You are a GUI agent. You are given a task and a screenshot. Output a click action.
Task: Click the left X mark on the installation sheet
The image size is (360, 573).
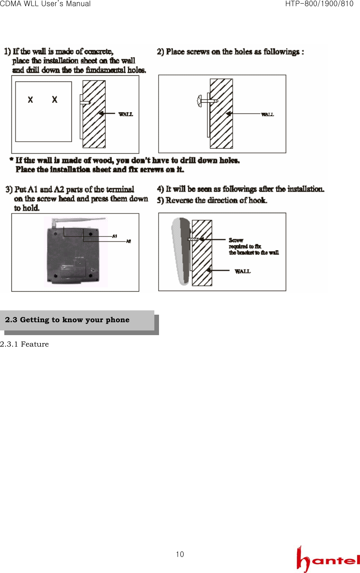coord(31,100)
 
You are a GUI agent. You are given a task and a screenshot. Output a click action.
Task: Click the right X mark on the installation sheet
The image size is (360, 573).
coord(55,99)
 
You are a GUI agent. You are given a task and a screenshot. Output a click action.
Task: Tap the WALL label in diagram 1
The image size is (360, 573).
coord(126,114)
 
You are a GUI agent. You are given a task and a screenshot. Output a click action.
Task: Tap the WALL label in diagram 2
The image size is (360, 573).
coord(267,114)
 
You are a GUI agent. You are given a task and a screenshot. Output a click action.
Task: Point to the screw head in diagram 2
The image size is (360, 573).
coord(199,101)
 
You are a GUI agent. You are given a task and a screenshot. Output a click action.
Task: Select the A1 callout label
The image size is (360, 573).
coord(114,236)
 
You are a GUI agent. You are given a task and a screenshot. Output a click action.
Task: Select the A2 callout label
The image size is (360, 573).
coord(128,241)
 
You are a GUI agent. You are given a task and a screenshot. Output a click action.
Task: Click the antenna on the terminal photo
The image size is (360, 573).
coord(79,219)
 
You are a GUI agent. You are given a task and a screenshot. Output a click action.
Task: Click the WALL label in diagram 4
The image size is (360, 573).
coord(243,271)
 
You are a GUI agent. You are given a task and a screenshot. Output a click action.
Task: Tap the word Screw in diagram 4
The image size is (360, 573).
coord(236,240)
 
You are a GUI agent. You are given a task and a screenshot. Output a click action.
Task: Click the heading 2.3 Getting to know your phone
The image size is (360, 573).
coord(67,320)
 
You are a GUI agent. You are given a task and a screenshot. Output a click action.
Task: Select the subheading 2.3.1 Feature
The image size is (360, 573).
coord(24,344)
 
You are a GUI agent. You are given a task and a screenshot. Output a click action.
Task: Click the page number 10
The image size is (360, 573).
coord(180,554)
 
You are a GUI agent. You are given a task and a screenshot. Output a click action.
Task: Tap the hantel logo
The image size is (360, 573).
coord(328,559)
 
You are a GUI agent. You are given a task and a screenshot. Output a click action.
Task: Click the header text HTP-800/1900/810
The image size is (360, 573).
coord(319,4)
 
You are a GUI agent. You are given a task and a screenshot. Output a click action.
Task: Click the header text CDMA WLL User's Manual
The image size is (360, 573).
coord(45,4)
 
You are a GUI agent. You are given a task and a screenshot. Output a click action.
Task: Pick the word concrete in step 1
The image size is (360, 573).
coord(99,52)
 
